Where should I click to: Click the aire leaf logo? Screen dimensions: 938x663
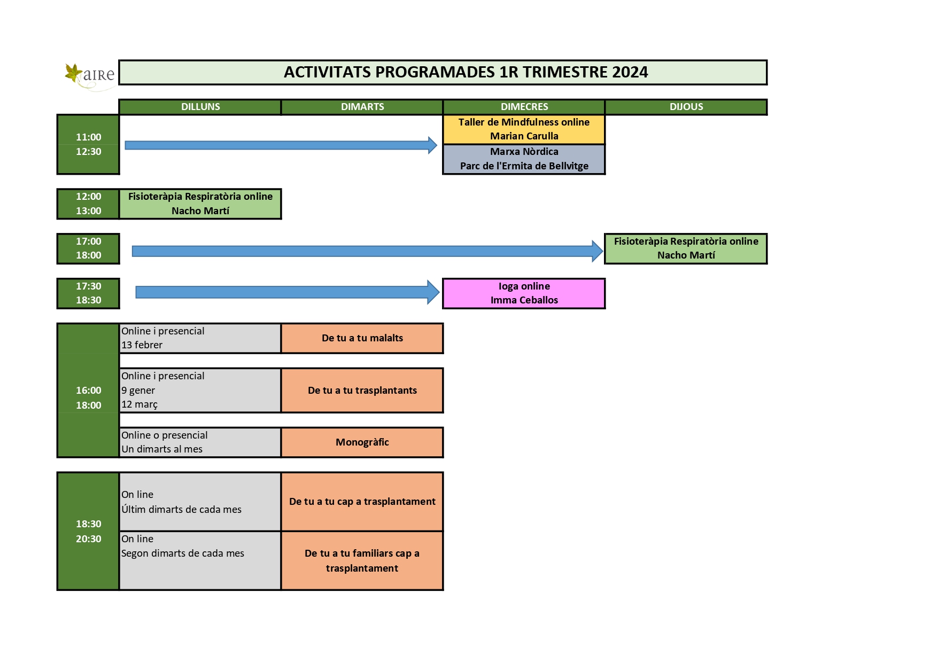pos(89,76)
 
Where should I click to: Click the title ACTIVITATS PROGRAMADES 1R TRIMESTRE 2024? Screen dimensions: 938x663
pos(466,72)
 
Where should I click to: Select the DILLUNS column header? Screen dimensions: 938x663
pos(200,107)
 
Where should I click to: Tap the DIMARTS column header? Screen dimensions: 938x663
pos(362,107)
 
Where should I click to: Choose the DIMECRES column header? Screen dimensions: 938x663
pos(524,107)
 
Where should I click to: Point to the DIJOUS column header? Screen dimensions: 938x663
pos(686,107)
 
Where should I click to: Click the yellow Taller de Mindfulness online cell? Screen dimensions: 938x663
pos(524,129)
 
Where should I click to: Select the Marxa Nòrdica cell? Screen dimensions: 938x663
pos(524,159)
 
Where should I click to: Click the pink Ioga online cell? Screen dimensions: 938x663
pos(524,293)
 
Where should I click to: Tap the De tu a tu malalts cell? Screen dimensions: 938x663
pos(362,338)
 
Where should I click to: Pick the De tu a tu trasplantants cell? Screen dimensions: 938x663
pos(362,391)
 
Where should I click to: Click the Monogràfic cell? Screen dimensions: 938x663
pos(362,442)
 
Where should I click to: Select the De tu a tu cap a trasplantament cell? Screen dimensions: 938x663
pos(362,502)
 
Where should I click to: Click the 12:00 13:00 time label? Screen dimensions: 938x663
pos(88,204)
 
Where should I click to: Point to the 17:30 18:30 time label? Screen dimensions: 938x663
pos(88,293)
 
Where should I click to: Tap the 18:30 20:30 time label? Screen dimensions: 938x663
pos(88,531)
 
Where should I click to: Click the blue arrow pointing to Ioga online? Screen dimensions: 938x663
pos(288,292)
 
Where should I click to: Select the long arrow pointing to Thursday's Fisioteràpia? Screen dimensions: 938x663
pos(368,251)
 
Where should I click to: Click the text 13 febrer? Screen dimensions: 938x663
pos(142,345)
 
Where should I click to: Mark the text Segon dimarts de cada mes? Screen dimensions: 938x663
pos(183,553)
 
